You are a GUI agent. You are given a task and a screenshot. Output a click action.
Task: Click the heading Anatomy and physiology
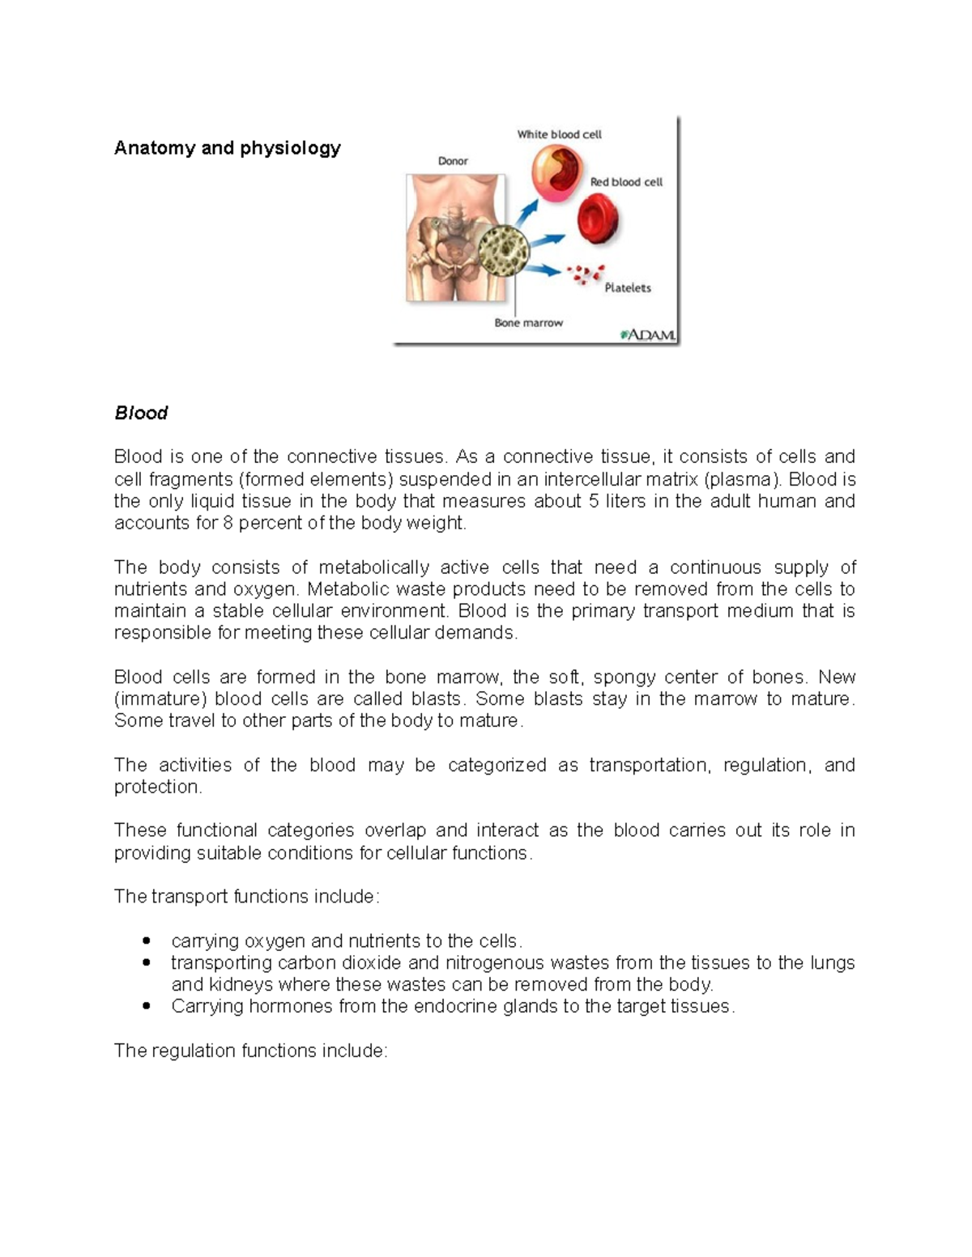coord(227,148)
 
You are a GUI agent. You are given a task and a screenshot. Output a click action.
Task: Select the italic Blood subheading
coord(141,413)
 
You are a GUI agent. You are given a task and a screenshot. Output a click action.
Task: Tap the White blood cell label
coord(559,134)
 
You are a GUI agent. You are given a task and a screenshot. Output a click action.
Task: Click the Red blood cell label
coord(626,182)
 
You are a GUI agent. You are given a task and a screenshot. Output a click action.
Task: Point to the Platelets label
coord(628,287)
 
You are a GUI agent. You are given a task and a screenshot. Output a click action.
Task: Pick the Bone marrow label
coord(528,323)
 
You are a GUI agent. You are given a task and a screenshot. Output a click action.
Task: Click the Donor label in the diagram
coord(453,161)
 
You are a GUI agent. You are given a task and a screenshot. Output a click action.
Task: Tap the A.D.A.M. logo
coord(648,334)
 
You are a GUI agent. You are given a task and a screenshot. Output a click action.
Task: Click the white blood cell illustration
coord(556,172)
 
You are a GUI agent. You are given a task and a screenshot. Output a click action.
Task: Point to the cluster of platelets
coord(586,275)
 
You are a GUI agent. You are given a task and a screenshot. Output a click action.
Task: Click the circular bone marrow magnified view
coord(504,250)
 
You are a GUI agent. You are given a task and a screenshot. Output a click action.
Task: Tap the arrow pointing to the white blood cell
coord(526,212)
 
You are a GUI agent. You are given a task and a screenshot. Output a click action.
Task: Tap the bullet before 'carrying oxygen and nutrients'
coord(146,941)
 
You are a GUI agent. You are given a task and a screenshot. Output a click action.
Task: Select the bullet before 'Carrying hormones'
coord(146,1007)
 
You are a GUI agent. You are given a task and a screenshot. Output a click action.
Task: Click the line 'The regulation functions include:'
coord(251,1051)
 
